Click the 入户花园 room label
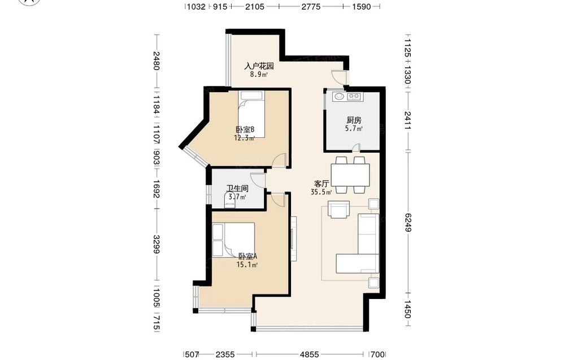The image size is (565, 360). pyautogui.click(x=259, y=66)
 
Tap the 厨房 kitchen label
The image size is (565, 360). pyautogui.click(x=354, y=120)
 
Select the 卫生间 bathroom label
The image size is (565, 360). pyautogui.click(x=237, y=188)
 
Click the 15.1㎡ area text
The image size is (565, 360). pyautogui.click(x=247, y=265)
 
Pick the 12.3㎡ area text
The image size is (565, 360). pyautogui.click(x=245, y=138)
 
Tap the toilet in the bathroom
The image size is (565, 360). pyautogui.click(x=229, y=201)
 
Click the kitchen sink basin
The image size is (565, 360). pyautogui.click(x=338, y=96)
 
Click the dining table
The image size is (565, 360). pyautogui.click(x=350, y=175)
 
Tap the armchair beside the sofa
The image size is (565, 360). pyautogui.click(x=338, y=209)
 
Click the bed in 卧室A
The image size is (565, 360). pyautogui.click(x=233, y=240)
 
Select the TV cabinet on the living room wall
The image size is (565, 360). pyautogui.click(x=294, y=238)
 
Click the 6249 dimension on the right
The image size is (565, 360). pyautogui.click(x=407, y=222)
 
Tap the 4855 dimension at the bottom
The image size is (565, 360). pyautogui.click(x=310, y=354)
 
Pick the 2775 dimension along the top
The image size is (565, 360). pyautogui.click(x=311, y=6)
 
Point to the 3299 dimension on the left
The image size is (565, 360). pyautogui.click(x=157, y=244)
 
